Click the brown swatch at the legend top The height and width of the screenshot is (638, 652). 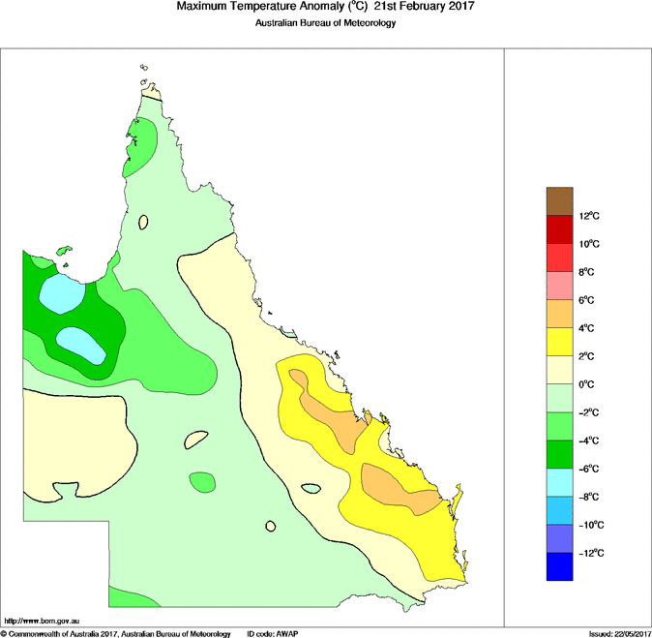tap(561, 201)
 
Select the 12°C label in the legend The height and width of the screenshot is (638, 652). tap(591, 216)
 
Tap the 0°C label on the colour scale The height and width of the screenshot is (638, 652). tap(589, 384)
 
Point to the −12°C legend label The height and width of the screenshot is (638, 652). tap(591, 553)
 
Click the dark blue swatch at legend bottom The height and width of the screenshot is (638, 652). tap(561, 566)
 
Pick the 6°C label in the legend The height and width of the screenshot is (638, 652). tap(589, 300)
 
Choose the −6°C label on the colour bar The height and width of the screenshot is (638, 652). tap(591, 469)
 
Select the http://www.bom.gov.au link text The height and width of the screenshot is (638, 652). tap(44, 621)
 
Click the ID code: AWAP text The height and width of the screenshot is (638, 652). tap(274, 633)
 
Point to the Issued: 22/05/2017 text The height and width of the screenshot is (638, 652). tap(619, 633)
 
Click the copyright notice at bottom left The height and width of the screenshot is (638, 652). tap(115, 633)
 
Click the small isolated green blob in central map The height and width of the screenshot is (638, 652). tap(202, 481)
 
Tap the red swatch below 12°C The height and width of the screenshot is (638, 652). tap(561, 229)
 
